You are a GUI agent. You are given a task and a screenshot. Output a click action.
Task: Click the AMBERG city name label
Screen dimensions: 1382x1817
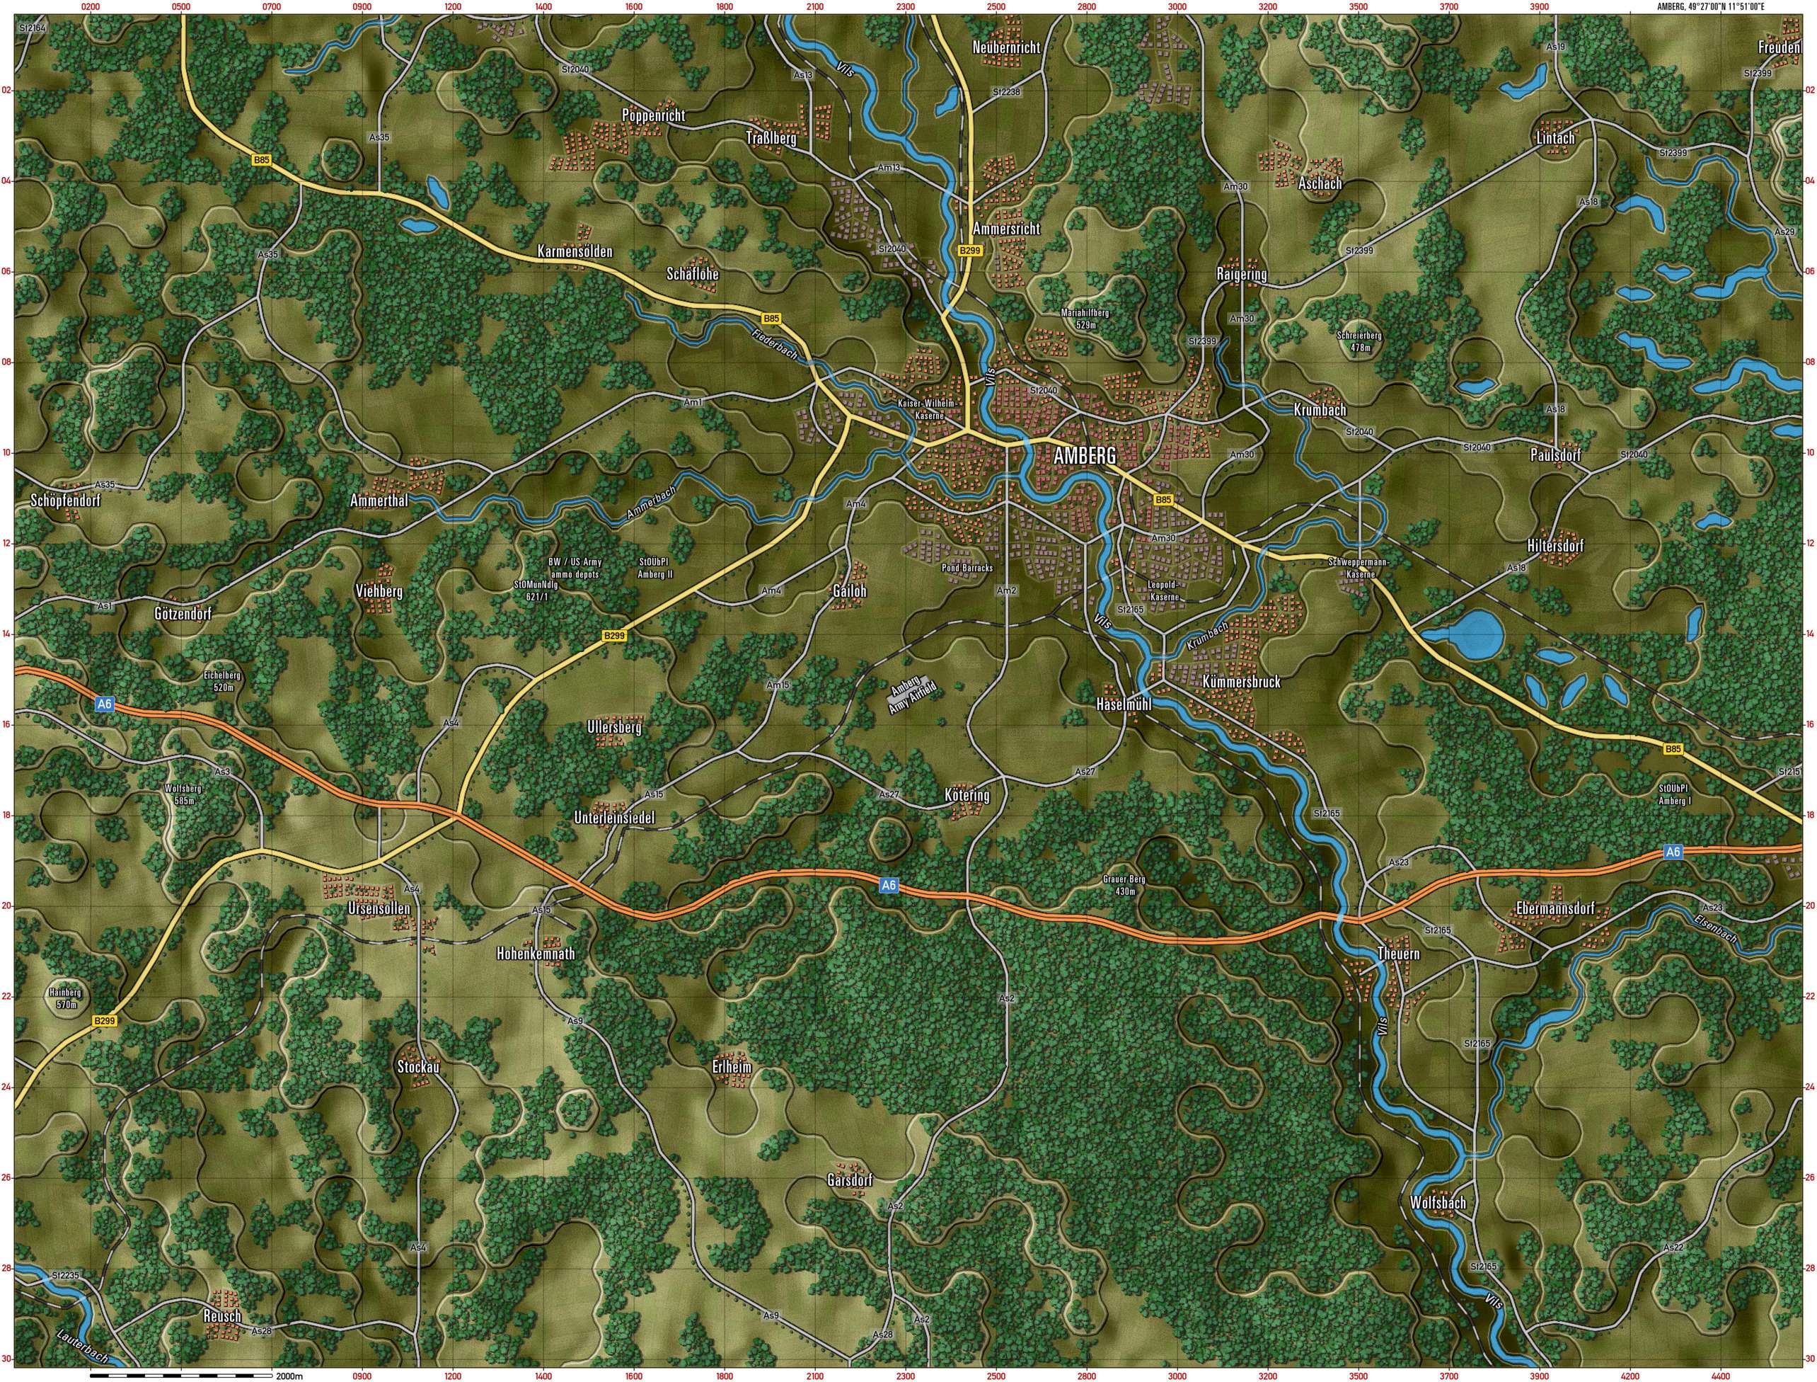point(1085,456)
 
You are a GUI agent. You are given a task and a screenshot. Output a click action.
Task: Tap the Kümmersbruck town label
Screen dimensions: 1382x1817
point(1240,682)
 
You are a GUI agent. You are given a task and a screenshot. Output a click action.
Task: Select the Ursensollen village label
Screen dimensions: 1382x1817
point(379,909)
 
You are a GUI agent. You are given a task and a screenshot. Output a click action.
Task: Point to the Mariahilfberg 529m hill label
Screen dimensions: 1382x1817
point(1085,319)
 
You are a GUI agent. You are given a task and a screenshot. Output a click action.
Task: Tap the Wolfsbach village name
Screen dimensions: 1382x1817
point(1438,1203)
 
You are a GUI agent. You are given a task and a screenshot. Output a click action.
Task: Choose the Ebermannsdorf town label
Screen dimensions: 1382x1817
point(1554,909)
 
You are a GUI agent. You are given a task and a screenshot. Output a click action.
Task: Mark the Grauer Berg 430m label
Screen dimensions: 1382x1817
point(1124,885)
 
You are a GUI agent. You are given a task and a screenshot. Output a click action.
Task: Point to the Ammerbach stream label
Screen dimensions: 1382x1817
point(651,502)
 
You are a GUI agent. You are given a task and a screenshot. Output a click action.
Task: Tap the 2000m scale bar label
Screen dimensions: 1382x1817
point(289,1376)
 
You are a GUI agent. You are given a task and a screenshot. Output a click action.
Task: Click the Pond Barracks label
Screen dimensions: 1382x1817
point(967,568)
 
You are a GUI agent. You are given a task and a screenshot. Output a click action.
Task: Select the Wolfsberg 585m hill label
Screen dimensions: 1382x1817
point(183,794)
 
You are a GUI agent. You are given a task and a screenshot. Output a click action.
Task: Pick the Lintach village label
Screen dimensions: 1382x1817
point(1555,138)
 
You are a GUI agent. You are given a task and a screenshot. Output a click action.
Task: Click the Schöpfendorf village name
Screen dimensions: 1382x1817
point(65,500)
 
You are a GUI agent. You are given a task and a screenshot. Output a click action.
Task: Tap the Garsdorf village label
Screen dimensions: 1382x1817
point(849,1180)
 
